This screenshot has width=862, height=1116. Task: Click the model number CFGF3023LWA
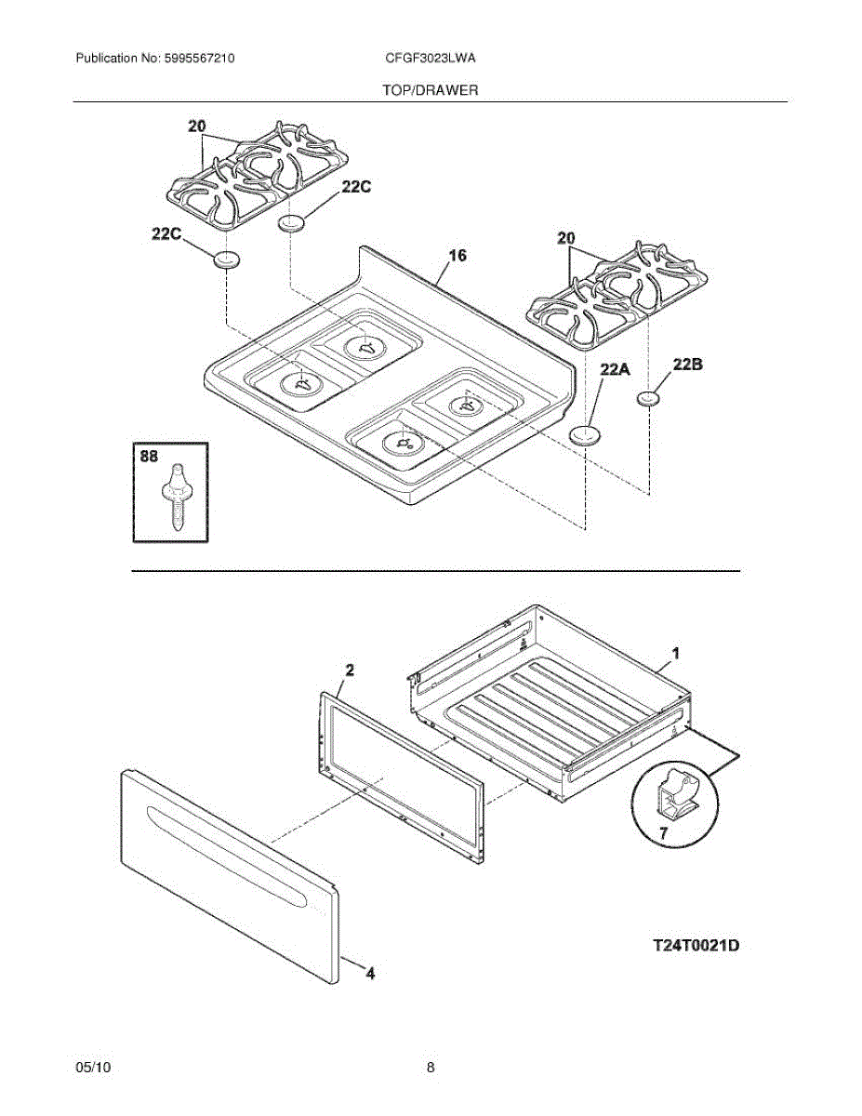point(431,58)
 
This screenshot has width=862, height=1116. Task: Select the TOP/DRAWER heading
point(431,90)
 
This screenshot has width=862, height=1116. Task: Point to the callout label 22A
point(615,370)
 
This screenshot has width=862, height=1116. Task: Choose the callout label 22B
point(687,365)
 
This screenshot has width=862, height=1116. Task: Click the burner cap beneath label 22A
point(584,435)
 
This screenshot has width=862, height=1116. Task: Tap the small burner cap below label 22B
point(648,399)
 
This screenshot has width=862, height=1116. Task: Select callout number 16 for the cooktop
point(458,256)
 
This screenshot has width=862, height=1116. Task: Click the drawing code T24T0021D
point(696,946)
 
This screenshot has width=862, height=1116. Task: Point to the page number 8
point(431,1068)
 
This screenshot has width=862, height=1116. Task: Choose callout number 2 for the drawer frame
point(350,670)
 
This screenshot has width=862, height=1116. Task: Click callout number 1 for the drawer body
point(676,654)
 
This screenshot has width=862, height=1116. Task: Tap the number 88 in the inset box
point(149,458)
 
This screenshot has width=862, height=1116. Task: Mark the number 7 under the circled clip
point(663,834)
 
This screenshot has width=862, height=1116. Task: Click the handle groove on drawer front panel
point(228,851)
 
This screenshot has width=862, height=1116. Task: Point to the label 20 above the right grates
point(565,239)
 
